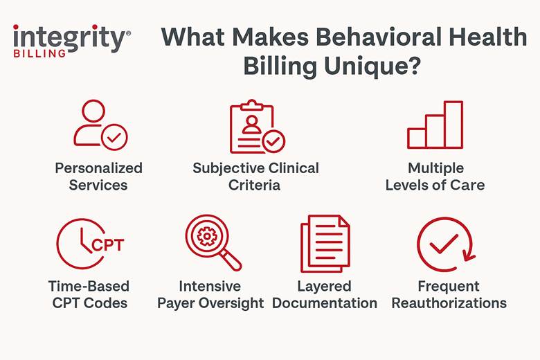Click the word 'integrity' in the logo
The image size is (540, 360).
(x=69, y=37)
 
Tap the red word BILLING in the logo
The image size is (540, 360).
(x=39, y=53)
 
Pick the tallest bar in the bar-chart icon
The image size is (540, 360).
(x=453, y=125)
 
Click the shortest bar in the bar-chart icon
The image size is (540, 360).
(x=417, y=138)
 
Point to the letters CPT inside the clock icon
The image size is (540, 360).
(x=107, y=244)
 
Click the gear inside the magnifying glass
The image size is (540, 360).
(x=206, y=237)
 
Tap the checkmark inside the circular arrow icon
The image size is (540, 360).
(x=444, y=242)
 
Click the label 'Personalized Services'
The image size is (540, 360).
(x=98, y=177)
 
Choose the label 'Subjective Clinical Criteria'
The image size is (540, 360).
(x=255, y=177)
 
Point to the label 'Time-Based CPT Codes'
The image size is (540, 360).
(x=89, y=294)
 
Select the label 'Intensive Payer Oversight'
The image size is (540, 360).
(x=210, y=294)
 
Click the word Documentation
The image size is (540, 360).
(x=325, y=303)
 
